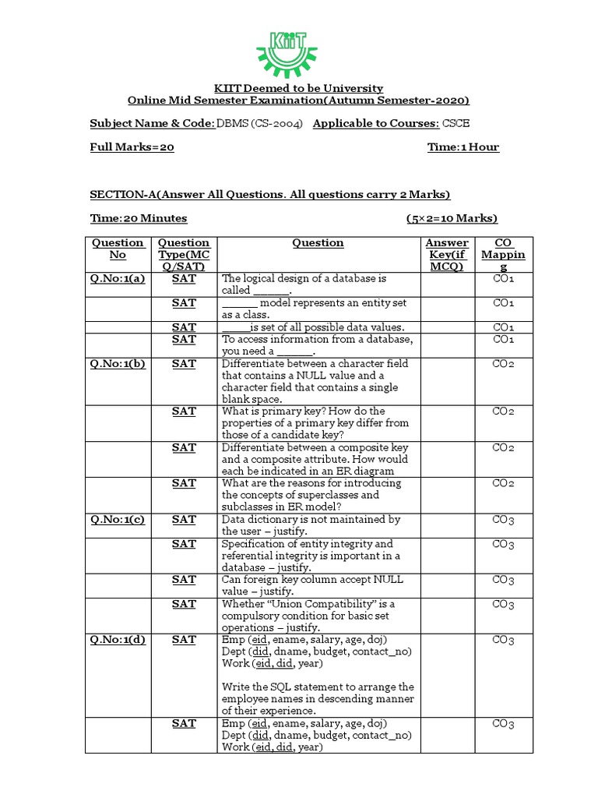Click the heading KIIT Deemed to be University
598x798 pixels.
click(x=298, y=89)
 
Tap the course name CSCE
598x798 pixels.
click(x=456, y=124)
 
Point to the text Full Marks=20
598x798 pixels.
click(x=132, y=147)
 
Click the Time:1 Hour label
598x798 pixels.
click(x=463, y=147)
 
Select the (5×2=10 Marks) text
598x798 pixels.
click(x=452, y=218)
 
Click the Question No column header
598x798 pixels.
click(x=118, y=249)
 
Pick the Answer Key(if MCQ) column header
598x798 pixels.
click(x=447, y=254)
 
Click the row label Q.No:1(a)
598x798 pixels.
click(x=118, y=278)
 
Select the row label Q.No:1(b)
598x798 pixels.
click(x=118, y=363)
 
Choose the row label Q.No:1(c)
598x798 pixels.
click(x=118, y=519)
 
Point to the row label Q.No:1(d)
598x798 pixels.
click(x=118, y=640)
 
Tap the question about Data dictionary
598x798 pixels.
click(x=311, y=524)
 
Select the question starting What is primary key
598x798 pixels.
click(x=315, y=423)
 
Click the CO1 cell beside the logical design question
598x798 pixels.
click(x=503, y=278)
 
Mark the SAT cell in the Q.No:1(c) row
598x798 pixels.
click(x=184, y=519)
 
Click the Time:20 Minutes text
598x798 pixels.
click(x=139, y=218)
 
